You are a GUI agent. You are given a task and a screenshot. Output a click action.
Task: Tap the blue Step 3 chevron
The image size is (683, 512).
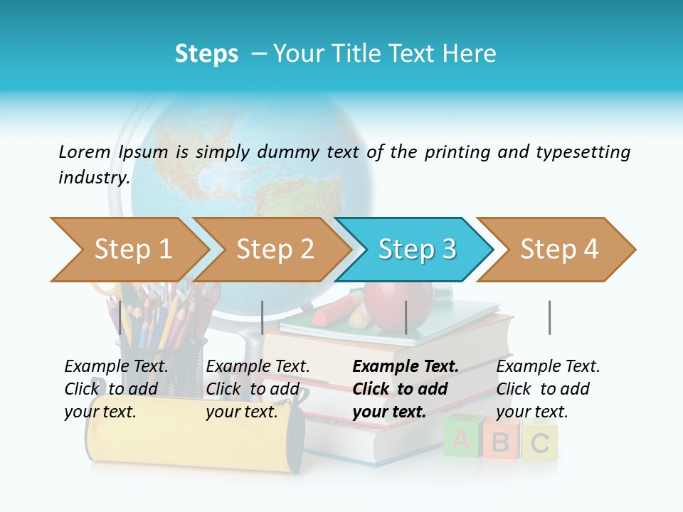coord(416,249)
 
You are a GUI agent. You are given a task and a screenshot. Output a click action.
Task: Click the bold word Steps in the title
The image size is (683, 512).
coord(206,53)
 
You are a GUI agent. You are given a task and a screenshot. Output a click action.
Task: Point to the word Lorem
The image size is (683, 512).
coord(85,151)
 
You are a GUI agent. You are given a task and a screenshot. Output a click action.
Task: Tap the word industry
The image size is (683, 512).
coord(93,177)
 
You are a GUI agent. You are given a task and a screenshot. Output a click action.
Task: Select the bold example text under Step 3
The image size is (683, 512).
coord(406,389)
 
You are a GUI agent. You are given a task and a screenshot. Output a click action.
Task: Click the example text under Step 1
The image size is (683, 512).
coord(116,389)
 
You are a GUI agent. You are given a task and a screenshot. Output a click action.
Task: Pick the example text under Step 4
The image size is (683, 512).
coord(548,389)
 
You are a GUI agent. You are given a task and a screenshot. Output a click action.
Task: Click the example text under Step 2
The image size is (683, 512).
coord(258,389)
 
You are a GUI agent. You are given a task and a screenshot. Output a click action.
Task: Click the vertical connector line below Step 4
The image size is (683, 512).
coord(549,317)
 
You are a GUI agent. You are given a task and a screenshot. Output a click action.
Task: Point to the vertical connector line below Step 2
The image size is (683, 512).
coord(263,317)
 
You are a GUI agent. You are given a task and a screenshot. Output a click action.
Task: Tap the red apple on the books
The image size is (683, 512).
coord(398,302)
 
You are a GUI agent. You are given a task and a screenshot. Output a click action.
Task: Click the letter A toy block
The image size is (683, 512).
coord(461,439)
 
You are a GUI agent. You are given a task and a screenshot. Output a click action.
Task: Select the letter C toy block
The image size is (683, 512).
coord(539,442)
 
